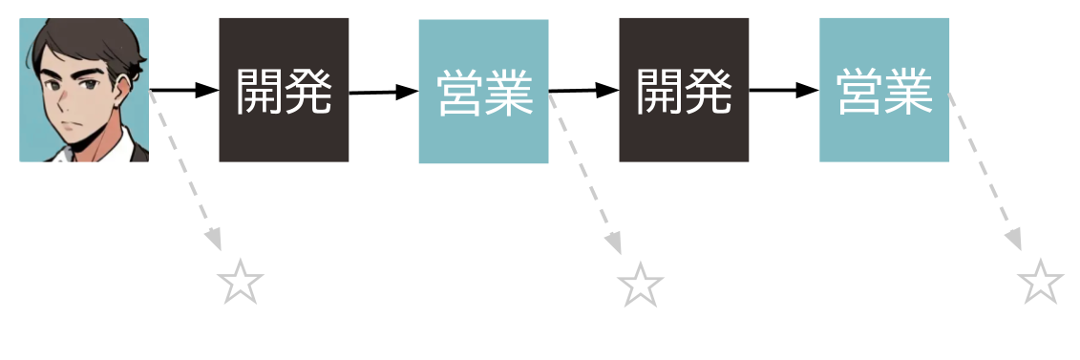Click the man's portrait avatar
click(x=84, y=90)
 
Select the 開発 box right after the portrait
click(x=284, y=90)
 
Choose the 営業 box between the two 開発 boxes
click(x=483, y=92)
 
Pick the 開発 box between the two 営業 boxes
click(x=684, y=90)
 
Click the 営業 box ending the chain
click(x=884, y=90)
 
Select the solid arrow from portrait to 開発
click(x=184, y=91)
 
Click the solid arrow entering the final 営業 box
click(x=784, y=91)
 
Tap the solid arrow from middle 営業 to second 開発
click(x=583, y=91)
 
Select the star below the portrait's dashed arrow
click(x=240, y=284)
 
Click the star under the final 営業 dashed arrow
click(x=1040, y=284)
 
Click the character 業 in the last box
click(x=908, y=92)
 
